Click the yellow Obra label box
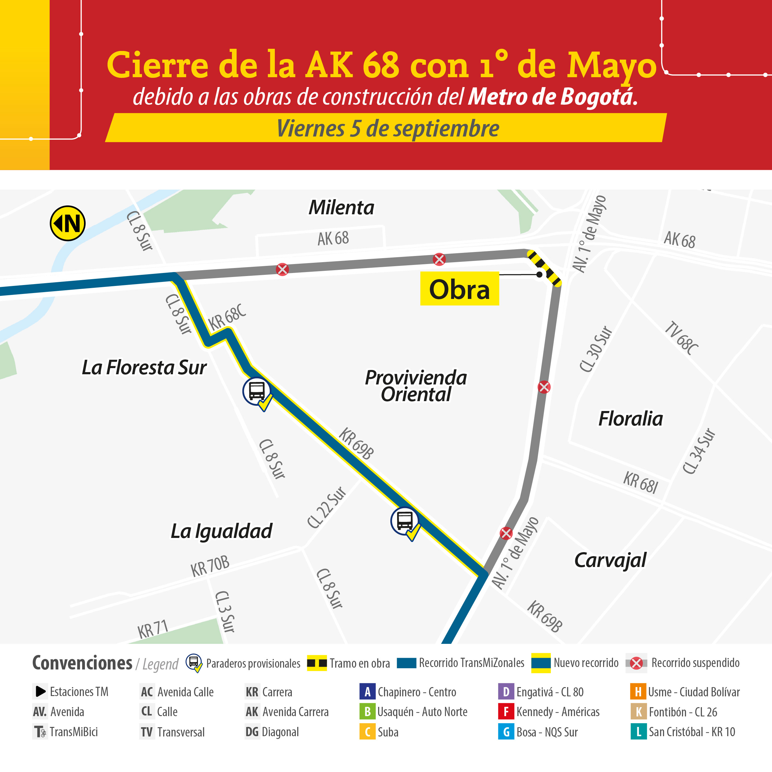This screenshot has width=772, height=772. pyautogui.click(x=459, y=289)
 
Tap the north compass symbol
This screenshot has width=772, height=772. pyautogui.click(x=68, y=223)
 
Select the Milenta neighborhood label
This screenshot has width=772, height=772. pyautogui.click(x=341, y=208)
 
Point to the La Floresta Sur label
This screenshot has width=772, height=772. pyautogui.click(x=144, y=367)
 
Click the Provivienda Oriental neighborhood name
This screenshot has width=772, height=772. pyautogui.click(x=416, y=386)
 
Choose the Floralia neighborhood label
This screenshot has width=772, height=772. pyautogui.click(x=631, y=419)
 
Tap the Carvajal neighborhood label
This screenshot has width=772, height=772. pyautogui.click(x=610, y=560)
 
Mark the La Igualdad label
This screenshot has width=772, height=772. pyautogui.click(x=221, y=531)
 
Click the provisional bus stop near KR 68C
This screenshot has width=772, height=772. pyautogui.click(x=257, y=391)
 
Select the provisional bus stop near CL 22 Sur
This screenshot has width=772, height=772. pyautogui.click(x=405, y=521)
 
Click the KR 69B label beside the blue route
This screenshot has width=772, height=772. pyautogui.click(x=356, y=443)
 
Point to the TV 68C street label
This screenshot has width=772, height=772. pyautogui.click(x=681, y=338)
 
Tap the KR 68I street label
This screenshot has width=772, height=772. pyautogui.click(x=640, y=482)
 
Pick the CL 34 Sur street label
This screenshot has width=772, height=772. pyautogui.click(x=699, y=451)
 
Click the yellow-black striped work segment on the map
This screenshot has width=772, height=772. pyautogui.click(x=544, y=267)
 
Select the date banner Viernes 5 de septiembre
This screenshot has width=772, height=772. pyautogui.click(x=388, y=128)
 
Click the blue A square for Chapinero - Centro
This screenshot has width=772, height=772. pyautogui.click(x=367, y=692)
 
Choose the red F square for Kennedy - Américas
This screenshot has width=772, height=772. pyautogui.click(x=506, y=712)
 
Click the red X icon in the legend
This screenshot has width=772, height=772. pyautogui.click(x=636, y=663)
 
